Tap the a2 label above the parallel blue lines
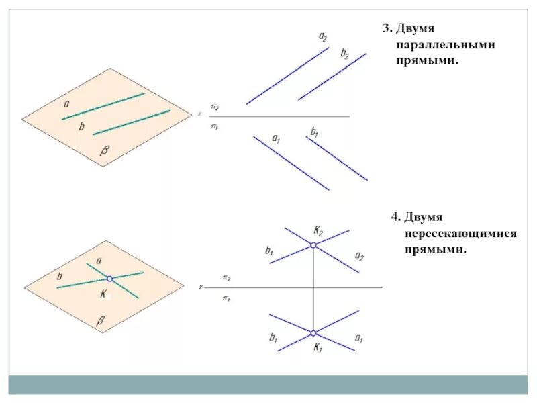click(323, 37)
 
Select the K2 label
click(318, 231)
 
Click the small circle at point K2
click(313, 246)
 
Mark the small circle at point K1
click(313, 332)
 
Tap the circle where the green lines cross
click(109, 278)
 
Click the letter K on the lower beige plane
click(103, 294)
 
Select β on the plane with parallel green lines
click(104, 151)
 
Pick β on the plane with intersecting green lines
click(101, 323)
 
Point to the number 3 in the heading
click(387, 28)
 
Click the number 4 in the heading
click(396, 217)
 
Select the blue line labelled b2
click(332, 77)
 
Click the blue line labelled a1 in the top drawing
click(291, 163)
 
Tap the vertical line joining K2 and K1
click(313, 289)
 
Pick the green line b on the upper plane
click(131, 122)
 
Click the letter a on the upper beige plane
click(66, 104)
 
